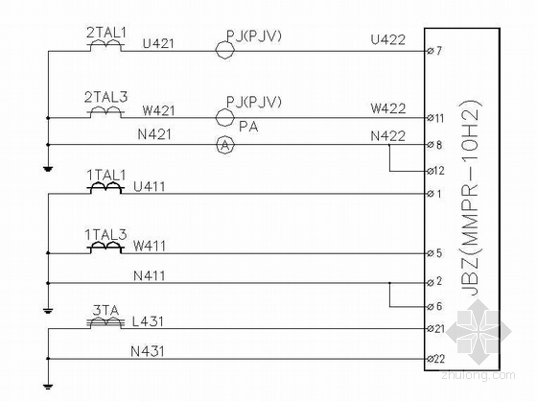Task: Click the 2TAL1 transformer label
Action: coord(106,33)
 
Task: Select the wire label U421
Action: coord(158,43)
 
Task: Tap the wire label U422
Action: coord(388,39)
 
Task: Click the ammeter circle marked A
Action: coord(225,145)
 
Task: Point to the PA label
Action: coord(248,127)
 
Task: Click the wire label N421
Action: coord(154,134)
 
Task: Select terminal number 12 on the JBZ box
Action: coord(439,171)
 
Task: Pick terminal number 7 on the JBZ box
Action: coord(439,51)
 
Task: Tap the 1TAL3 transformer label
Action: coord(105,235)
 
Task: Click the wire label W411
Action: coord(150,246)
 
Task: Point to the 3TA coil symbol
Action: coord(105,322)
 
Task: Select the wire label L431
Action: coord(148,321)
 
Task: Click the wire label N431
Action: coord(148,351)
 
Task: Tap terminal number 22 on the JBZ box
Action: coord(439,359)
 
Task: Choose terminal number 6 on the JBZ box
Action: coord(439,306)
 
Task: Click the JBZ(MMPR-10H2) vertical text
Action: coord(471,199)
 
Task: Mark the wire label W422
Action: coord(388,108)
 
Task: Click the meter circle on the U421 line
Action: coord(225,50)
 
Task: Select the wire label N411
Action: coord(150,276)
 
